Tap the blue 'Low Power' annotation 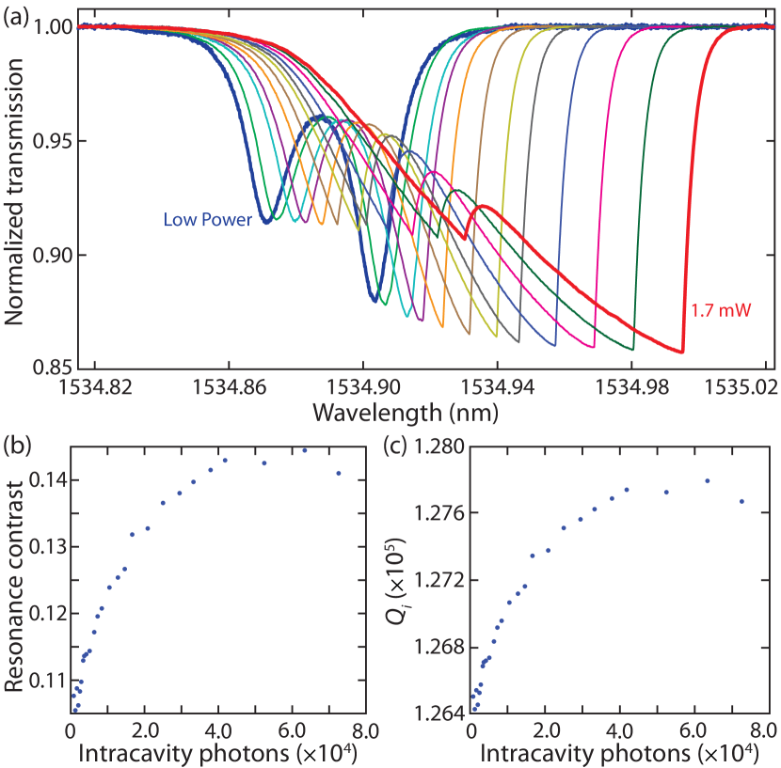point(208,221)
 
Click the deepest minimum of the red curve point(682,353)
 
